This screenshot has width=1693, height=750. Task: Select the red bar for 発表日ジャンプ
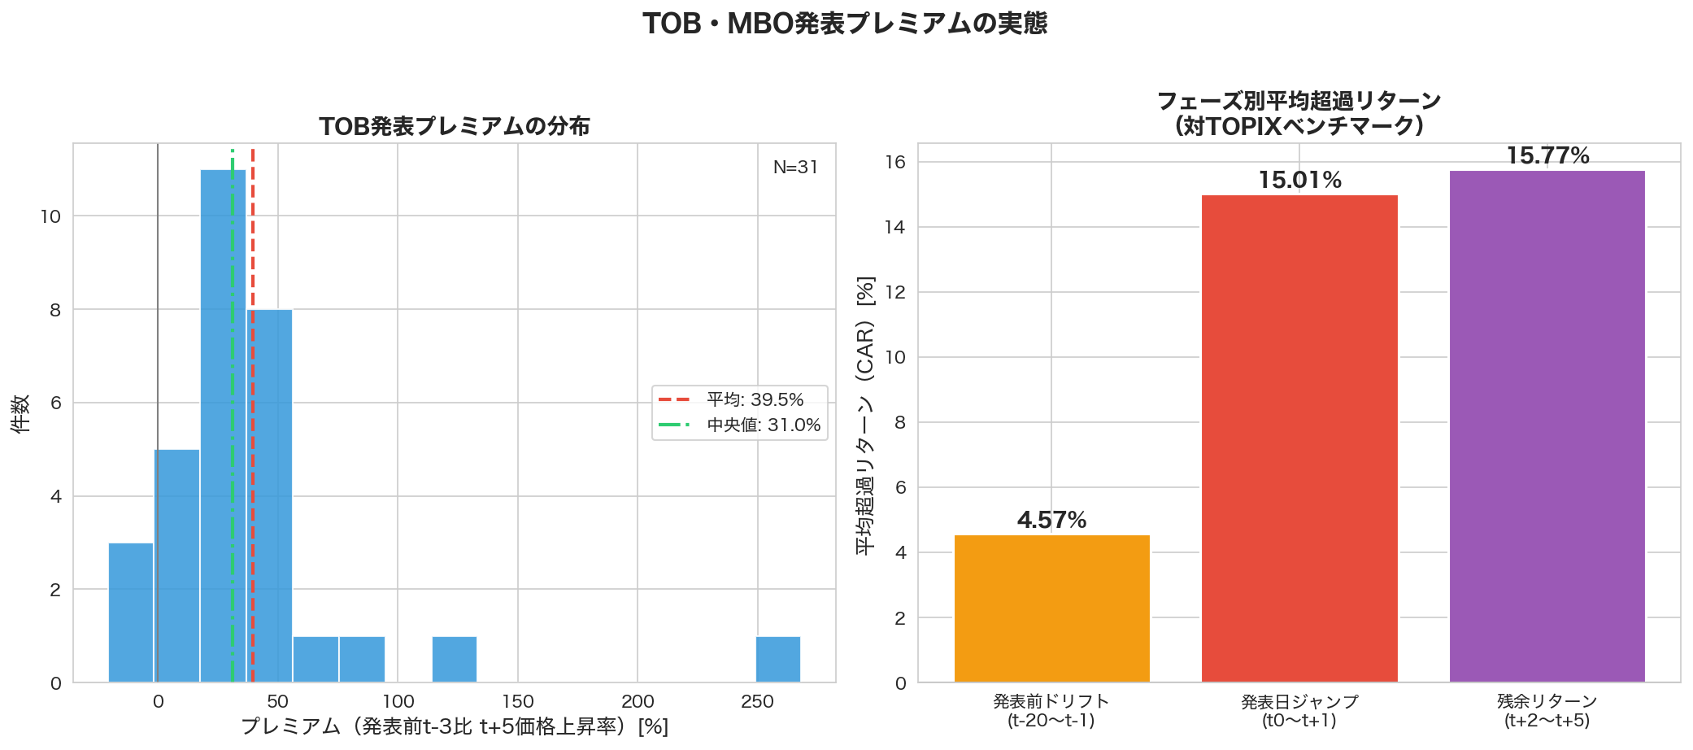(1299, 439)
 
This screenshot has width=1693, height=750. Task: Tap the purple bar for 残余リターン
(1547, 426)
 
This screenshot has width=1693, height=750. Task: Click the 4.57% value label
(1051, 520)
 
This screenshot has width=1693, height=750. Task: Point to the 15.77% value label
(1547, 155)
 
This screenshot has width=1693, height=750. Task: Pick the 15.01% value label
(1299, 180)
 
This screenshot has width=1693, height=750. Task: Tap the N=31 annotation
(795, 167)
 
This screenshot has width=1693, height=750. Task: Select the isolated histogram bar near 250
(778, 660)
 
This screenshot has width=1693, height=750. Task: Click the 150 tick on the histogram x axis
(518, 702)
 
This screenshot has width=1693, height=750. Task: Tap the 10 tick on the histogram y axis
(50, 216)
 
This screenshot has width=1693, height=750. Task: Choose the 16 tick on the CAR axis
(894, 162)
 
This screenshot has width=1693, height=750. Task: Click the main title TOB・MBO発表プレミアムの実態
(845, 23)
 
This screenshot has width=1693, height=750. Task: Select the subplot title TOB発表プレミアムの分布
(454, 126)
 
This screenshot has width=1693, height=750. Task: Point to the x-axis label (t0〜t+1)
(1299, 721)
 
